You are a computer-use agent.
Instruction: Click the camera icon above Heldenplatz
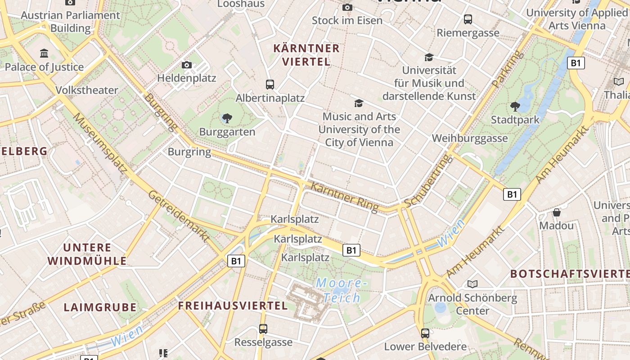click(187, 65)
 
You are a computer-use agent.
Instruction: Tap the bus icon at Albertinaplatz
click(270, 85)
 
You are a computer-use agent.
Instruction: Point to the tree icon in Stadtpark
click(515, 107)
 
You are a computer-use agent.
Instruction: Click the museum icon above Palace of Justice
click(45, 54)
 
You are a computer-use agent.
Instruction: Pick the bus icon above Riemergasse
click(468, 19)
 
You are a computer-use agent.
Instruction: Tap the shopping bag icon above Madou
click(557, 212)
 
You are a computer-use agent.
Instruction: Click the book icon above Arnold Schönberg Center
click(472, 284)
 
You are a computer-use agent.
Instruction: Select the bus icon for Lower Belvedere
click(425, 333)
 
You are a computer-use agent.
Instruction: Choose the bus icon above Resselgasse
click(263, 329)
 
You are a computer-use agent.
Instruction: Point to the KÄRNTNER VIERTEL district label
click(306, 54)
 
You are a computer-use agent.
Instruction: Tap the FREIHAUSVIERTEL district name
click(233, 306)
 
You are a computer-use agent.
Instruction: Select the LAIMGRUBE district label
click(100, 307)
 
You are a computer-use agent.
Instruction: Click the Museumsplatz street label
click(99, 142)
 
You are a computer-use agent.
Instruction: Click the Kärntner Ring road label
click(344, 197)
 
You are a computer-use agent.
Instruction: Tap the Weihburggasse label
click(470, 138)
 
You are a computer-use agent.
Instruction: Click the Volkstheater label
click(87, 90)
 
